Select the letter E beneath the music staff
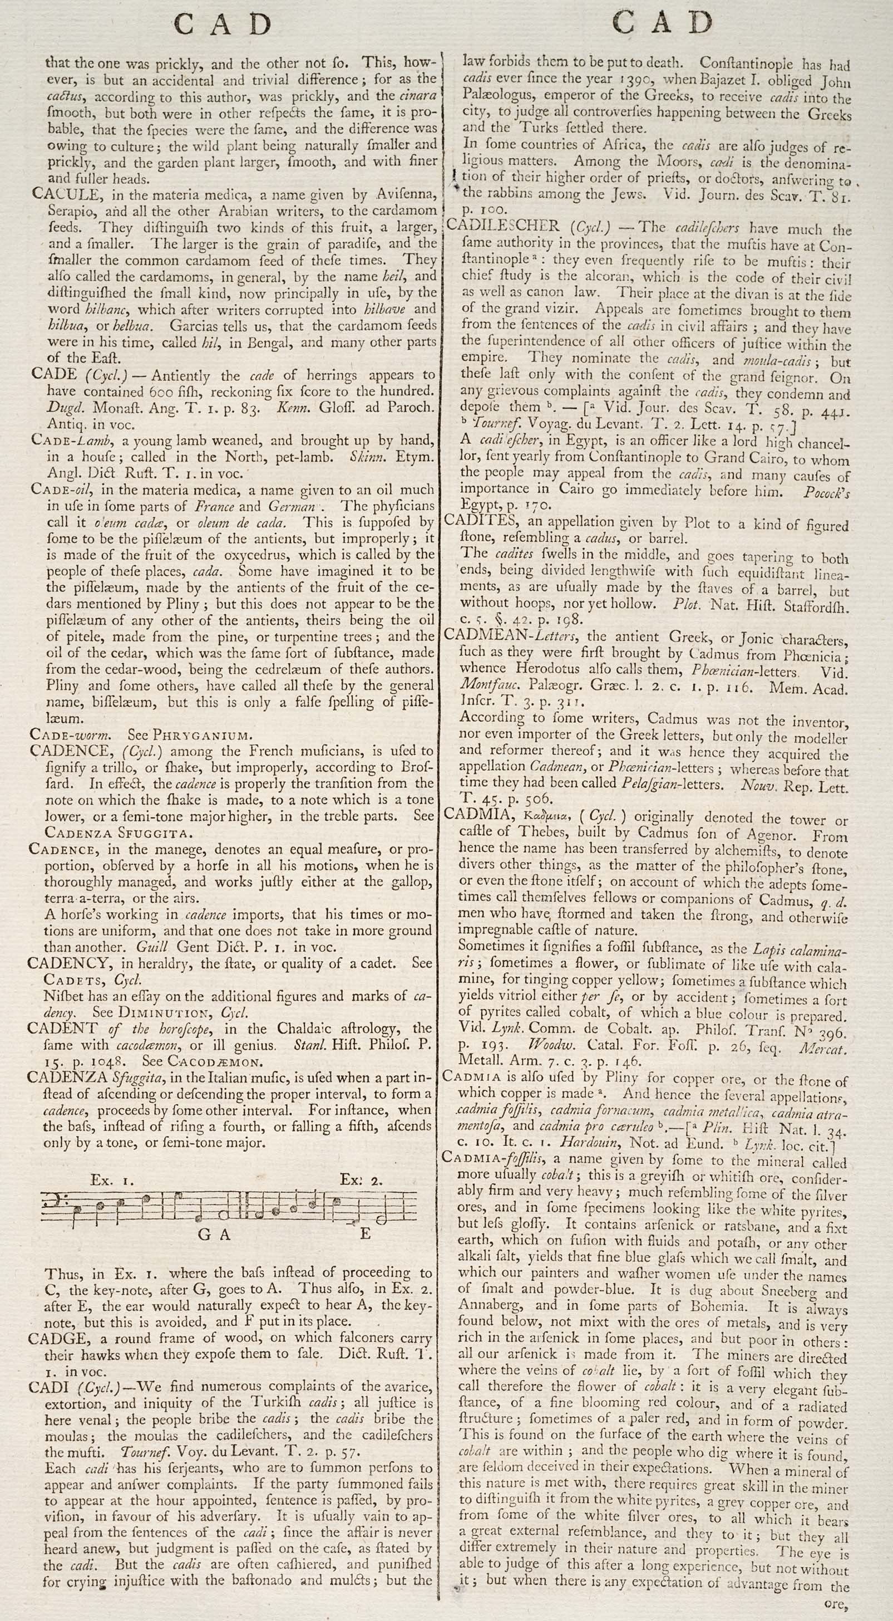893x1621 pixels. coord(365,1234)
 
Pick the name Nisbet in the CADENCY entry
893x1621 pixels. coord(64,996)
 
